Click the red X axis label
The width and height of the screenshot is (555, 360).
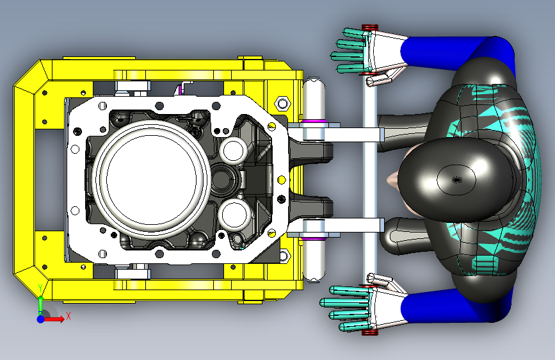(68, 316)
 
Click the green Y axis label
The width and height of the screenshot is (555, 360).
(40, 288)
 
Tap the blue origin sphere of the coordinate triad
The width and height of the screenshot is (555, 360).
(41, 319)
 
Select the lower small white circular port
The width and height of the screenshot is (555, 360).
(234, 214)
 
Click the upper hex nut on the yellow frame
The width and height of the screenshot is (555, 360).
(282, 104)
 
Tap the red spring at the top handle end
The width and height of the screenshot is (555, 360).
(370, 28)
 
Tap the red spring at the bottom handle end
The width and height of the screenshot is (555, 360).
(370, 332)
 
